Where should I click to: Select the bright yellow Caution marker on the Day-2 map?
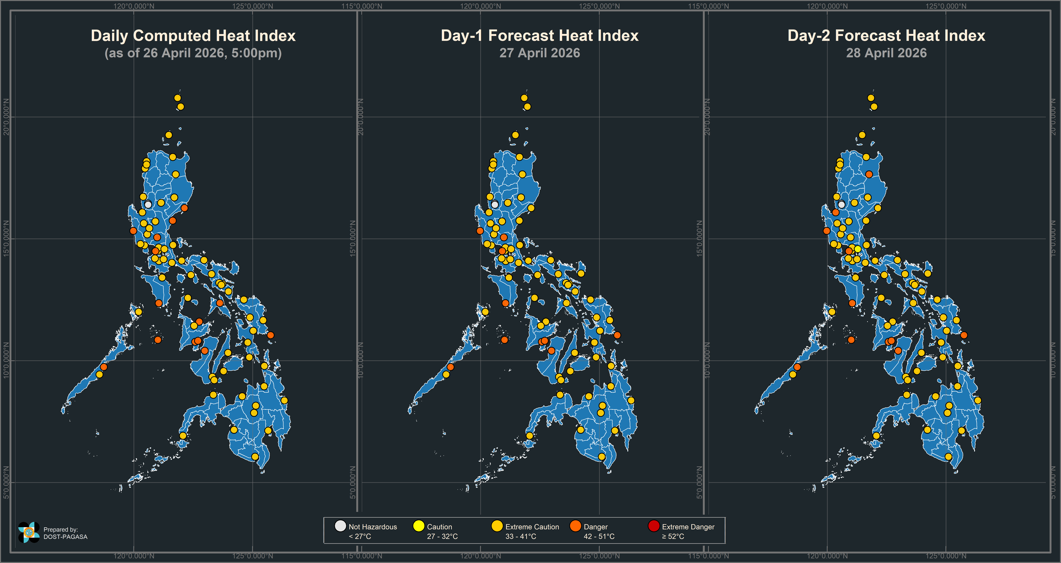(x=857, y=249)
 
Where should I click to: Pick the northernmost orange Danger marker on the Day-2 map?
(x=869, y=174)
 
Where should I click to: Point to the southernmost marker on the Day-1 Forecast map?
(x=602, y=456)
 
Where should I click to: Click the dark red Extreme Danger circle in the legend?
(x=654, y=526)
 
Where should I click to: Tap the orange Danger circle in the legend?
(x=575, y=526)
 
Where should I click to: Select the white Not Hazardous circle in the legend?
(x=340, y=526)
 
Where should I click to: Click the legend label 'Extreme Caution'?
(x=532, y=527)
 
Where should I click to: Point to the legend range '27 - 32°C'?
(x=442, y=536)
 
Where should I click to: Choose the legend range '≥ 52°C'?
(x=673, y=536)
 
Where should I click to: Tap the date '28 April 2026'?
(x=886, y=53)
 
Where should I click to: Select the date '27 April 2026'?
(x=540, y=53)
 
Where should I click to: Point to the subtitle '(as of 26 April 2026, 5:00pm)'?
(x=193, y=53)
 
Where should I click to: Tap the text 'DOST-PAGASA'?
(x=66, y=537)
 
